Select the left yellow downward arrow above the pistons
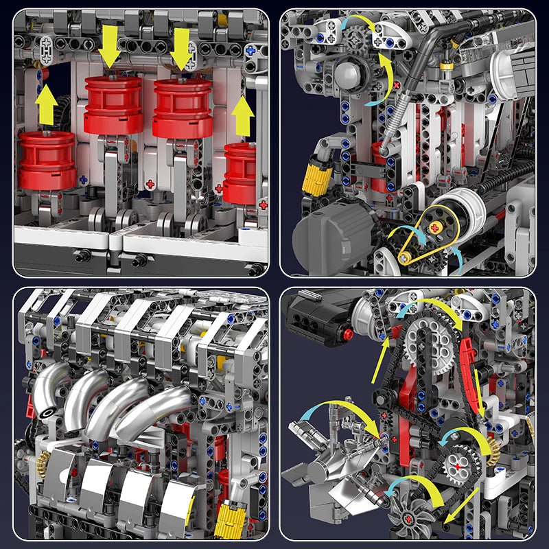pos(109,45)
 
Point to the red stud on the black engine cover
pos(348,334)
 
